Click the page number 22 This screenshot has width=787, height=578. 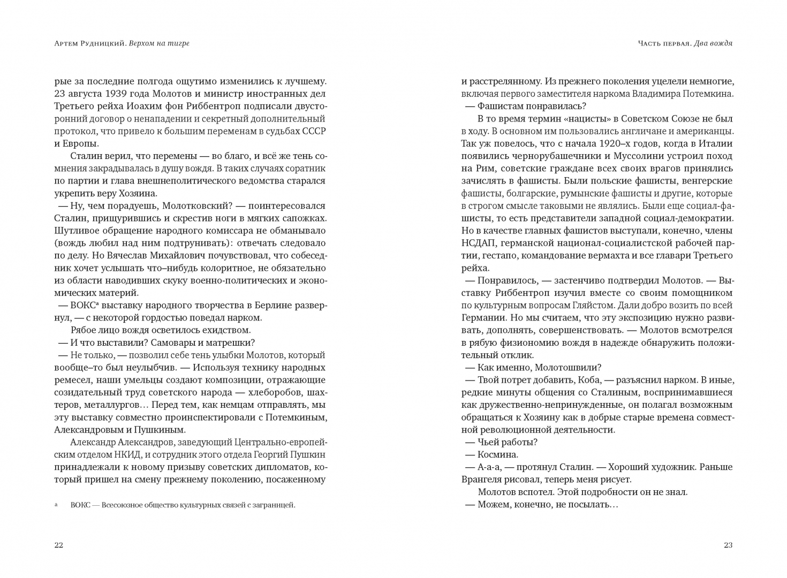pyautogui.click(x=59, y=545)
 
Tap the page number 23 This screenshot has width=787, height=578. pyautogui.click(x=728, y=545)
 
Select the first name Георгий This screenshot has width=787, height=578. pyautogui.click(x=270, y=454)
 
